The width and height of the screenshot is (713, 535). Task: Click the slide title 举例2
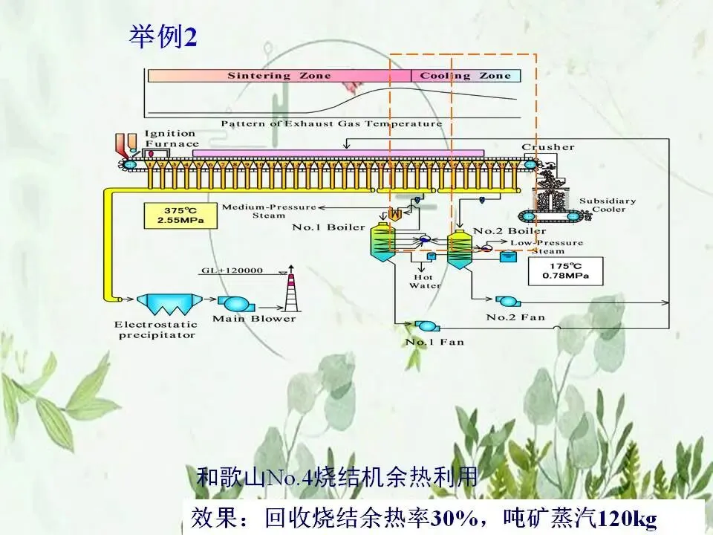[x=163, y=36]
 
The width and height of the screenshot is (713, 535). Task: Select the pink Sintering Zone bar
[x=279, y=76]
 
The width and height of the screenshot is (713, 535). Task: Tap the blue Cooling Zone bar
[x=466, y=76]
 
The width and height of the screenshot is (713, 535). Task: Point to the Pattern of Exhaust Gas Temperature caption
[x=331, y=123]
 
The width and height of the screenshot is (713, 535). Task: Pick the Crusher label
[x=548, y=147]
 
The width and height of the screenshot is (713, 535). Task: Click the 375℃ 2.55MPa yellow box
[x=175, y=215]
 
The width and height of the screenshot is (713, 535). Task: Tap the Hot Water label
[x=426, y=281]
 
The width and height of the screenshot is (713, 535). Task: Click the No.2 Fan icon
[x=508, y=301]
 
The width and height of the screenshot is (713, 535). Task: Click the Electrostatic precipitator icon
[x=165, y=304]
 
